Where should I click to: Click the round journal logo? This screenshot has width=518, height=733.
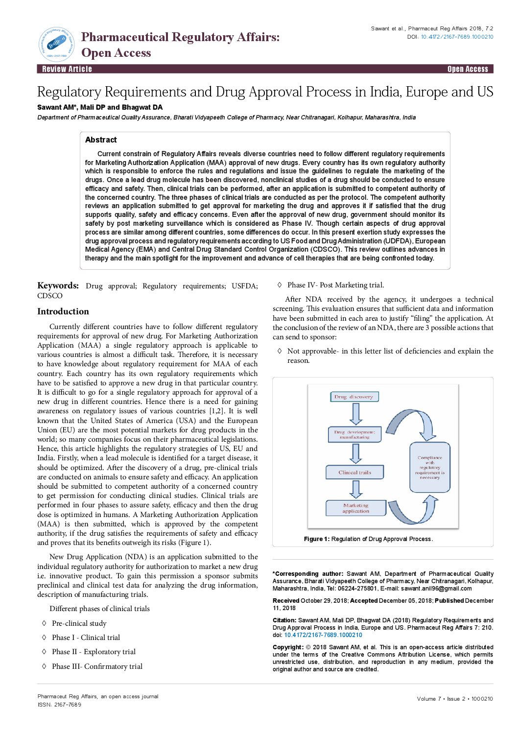click(57, 44)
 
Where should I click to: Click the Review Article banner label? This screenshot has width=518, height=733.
click(67, 69)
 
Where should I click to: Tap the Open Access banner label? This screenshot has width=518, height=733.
click(468, 69)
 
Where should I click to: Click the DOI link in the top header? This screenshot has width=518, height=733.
click(457, 37)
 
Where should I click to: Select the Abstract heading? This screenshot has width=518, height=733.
click(101, 140)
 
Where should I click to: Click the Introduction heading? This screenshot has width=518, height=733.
click(63, 311)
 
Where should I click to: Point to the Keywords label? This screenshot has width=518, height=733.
click(58, 286)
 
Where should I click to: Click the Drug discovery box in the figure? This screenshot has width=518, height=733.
click(354, 397)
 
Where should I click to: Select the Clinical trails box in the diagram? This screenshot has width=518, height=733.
click(354, 473)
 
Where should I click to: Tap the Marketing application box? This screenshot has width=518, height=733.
click(355, 508)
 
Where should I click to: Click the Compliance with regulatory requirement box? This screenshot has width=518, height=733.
click(429, 467)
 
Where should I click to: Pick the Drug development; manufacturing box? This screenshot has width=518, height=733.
click(354, 435)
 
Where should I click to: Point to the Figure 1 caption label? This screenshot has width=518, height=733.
click(316, 539)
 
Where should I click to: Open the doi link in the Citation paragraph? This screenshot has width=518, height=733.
click(323, 635)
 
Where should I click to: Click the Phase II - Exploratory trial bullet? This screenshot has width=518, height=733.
click(94, 652)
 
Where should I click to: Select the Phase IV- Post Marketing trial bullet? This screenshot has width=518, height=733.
click(335, 285)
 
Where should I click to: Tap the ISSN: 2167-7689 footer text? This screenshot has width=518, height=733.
click(59, 705)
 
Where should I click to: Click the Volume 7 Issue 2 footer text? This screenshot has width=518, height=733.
click(455, 699)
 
